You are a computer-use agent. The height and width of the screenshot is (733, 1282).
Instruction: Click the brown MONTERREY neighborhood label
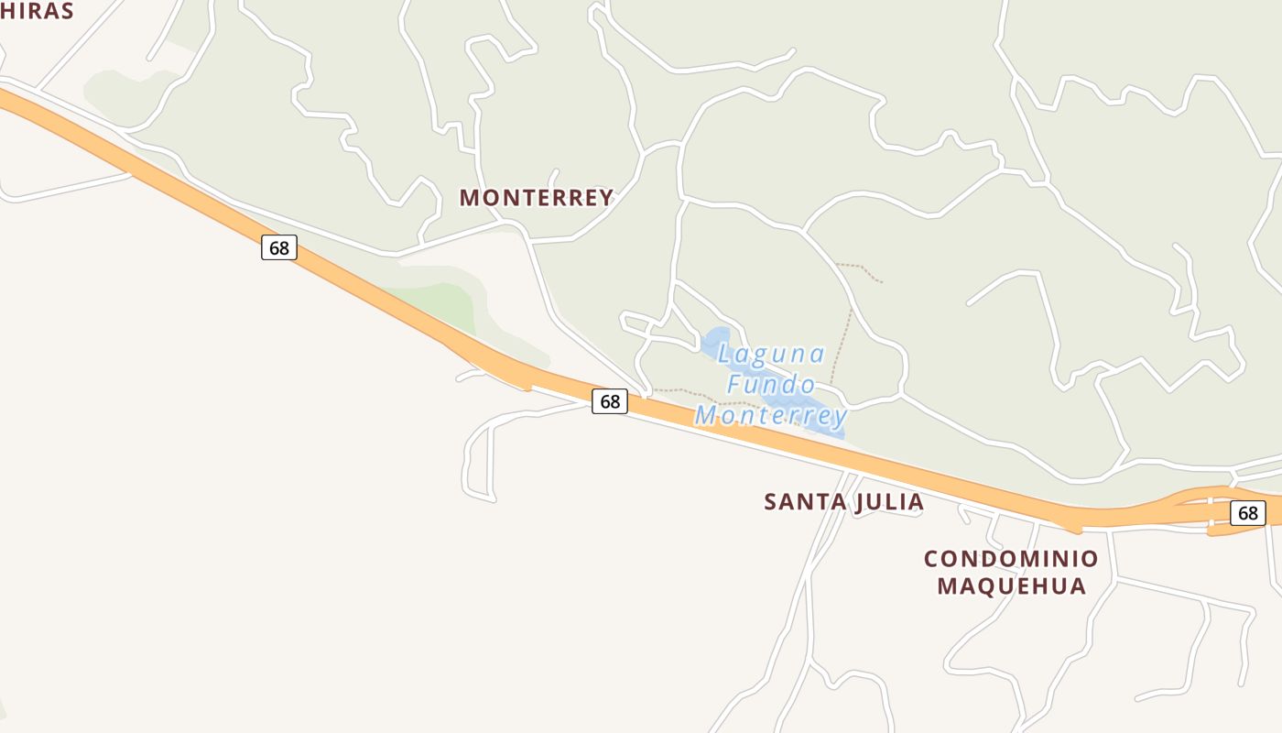click(536, 198)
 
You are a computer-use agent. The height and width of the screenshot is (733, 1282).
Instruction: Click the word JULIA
click(889, 502)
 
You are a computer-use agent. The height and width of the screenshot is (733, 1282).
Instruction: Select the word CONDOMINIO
click(1011, 559)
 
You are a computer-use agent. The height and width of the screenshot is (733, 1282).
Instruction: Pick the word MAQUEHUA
click(1011, 585)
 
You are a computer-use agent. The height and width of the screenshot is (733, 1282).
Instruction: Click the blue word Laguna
click(772, 354)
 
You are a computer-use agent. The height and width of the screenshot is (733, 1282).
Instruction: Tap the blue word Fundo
click(771, 385)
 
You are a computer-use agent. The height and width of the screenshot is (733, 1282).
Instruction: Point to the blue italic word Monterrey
click(771, 416)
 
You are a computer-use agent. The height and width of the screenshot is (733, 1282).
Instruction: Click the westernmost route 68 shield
click(279, 247)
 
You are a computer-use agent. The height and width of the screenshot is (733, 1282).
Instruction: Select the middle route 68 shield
click(610, 401)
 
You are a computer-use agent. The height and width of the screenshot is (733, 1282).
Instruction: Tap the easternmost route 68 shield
click(1247, 513)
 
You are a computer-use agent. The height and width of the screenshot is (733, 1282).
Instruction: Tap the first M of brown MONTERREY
click(469, 198)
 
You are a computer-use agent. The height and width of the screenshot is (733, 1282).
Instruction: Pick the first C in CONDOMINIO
click(931, 559)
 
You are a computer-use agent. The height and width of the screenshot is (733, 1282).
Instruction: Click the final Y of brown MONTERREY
click(604, 198)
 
